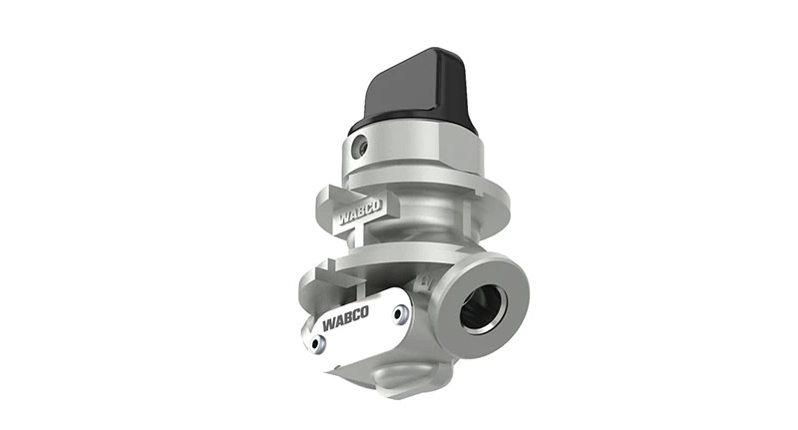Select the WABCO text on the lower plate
(x=347, y=322)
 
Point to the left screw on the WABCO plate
(x=318, y=343)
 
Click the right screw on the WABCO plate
(x=400, y=315)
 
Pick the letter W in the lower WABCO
(x=328, y=326)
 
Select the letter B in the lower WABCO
(x=348, y=322)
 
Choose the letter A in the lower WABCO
(x=338, y=324)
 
